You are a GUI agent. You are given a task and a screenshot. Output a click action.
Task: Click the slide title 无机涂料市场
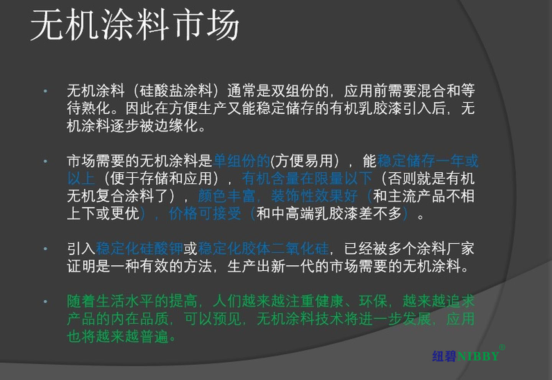pyautogui.click(x=135, y=25)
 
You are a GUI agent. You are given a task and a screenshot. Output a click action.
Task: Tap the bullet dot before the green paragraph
pyautogui.click(x=45, y=301)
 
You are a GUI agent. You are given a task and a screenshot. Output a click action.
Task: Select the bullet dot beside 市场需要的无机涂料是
pyautogui.click(x=45, y=161)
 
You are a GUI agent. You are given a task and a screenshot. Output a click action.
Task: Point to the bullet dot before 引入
pyautogui.click(x=45, y=249)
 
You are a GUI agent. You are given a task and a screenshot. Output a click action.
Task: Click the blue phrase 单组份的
pyautogui.click(x=242, y=161)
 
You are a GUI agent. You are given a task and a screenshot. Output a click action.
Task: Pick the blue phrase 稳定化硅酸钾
pyautogui.click(x=140, y=248)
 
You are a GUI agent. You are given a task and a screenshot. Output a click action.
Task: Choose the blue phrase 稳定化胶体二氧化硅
pyautogui.click(x=263, y=248)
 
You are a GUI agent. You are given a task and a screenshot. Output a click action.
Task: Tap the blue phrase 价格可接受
pyautogui.click(x=205, y=214)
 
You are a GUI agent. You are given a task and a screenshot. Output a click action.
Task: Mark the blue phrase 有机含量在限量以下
pyautogui.click(x=307, y=178)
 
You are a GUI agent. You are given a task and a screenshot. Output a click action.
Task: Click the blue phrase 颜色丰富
pyautogui.click(x=227, y=196)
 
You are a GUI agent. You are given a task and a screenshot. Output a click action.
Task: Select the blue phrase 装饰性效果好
pyautogui.click(x=314, y=196)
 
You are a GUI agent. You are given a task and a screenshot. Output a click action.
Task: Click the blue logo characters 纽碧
pyautogui.click(x=444, y=356)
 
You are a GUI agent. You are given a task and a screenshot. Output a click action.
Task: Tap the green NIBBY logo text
pyautogui.click(x=478, y=356)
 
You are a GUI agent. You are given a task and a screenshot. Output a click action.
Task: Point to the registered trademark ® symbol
pyautogui.click(x=502, y=347)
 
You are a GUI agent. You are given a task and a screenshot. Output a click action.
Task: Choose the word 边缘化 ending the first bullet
pyautogui.click(x=176, y=126)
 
